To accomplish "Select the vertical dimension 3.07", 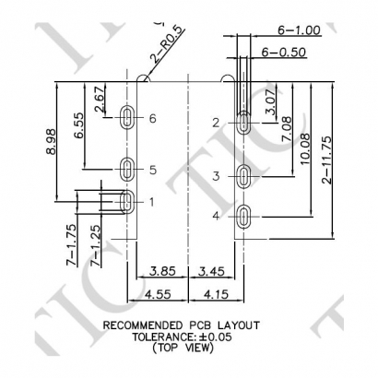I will [270, 104].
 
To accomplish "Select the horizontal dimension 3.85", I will [162, 273].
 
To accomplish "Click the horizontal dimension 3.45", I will [212, 273].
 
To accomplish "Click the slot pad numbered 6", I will [128, 117].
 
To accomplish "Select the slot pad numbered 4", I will [243, 217].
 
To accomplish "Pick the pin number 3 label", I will [215, 175].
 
